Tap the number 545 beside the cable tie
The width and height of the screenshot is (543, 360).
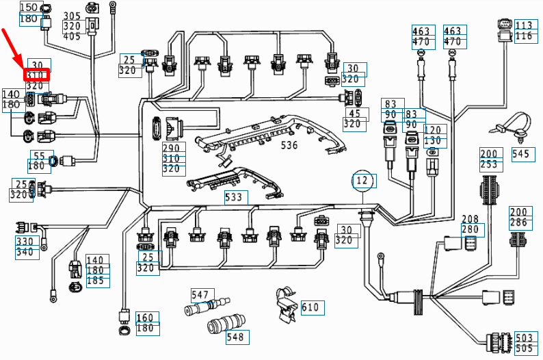coord(522,154)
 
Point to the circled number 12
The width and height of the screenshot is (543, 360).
coord(364,181)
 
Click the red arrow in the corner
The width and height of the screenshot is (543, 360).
coord(15,46)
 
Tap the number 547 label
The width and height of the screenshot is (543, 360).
coord(200,295)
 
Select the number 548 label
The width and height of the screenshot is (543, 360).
coord(235,337)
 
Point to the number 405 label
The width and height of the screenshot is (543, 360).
coord(72,36)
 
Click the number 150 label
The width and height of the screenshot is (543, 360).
coord(29,8)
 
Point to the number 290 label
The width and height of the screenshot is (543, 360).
coord(170,148)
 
